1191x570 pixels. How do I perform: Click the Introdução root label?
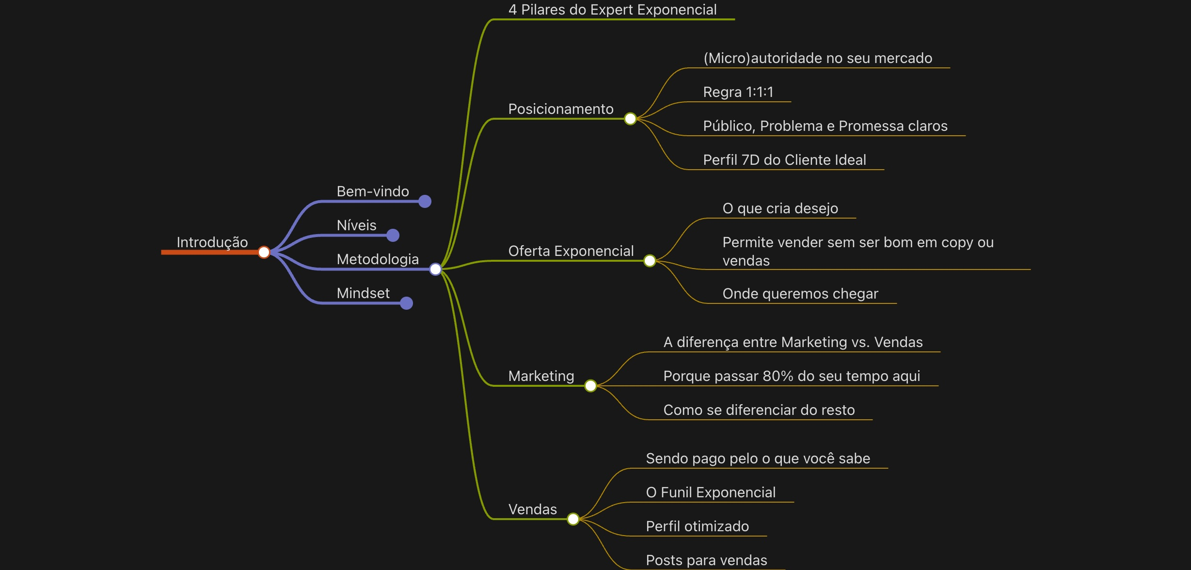tap(212, 242)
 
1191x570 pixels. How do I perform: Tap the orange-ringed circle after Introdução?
tap(264, 252)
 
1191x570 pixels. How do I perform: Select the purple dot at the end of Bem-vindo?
tap(425, 201)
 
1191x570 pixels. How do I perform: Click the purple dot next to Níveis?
tap(393, 235)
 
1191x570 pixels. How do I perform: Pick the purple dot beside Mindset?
tap(406, 303)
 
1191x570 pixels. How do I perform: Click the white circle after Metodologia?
tap(435, 269)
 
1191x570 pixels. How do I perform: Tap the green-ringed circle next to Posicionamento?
tap(630, 119)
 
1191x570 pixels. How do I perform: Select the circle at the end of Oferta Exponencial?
tap(650, 261)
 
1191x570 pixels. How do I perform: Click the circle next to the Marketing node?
tap(590, 386)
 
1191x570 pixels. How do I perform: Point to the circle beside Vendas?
tap(573, 519)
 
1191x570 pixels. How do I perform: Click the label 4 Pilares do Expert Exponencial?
tap(612, 10)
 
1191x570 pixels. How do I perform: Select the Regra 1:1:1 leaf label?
tap(738, 92)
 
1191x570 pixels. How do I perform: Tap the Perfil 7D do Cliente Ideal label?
tap(784, 160)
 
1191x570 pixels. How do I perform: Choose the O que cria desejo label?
tap(780, 208)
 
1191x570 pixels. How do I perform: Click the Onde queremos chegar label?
tap(800, 294)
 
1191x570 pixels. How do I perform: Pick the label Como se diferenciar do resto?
tap(759, 410)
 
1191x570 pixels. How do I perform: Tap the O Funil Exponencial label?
tap(711, 492)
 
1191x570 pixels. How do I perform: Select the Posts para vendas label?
tap(706, 560)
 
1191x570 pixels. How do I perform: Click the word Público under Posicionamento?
tap(729, 126)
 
